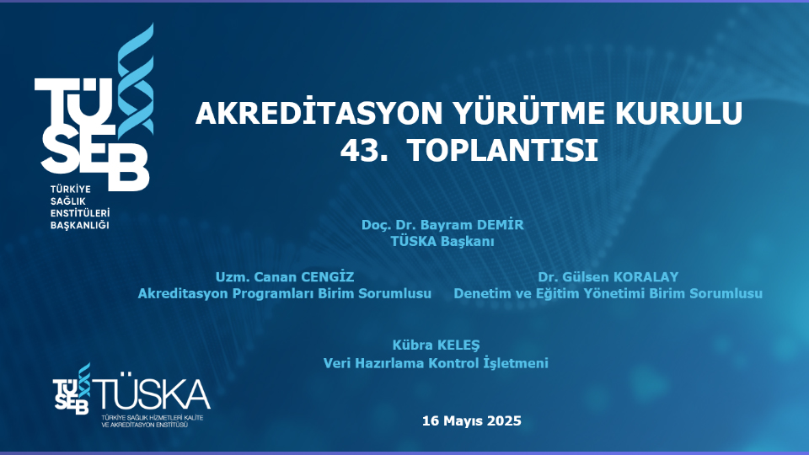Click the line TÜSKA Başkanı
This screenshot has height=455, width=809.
pyautogui.click(x=442, y=241)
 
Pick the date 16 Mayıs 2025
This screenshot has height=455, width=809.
pyautogui.click(x=472, y=420)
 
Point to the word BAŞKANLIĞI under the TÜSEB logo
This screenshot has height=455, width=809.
pyautogui.click(x=80, y=225)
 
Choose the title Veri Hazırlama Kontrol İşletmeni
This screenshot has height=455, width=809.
pyautogui.click(x=436, y=363)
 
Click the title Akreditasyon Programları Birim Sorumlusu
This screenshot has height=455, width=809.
pyautogui.click(x=285, y=293)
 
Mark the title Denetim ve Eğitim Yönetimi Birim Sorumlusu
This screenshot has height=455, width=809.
pyautogui.click(x=608, y=293)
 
